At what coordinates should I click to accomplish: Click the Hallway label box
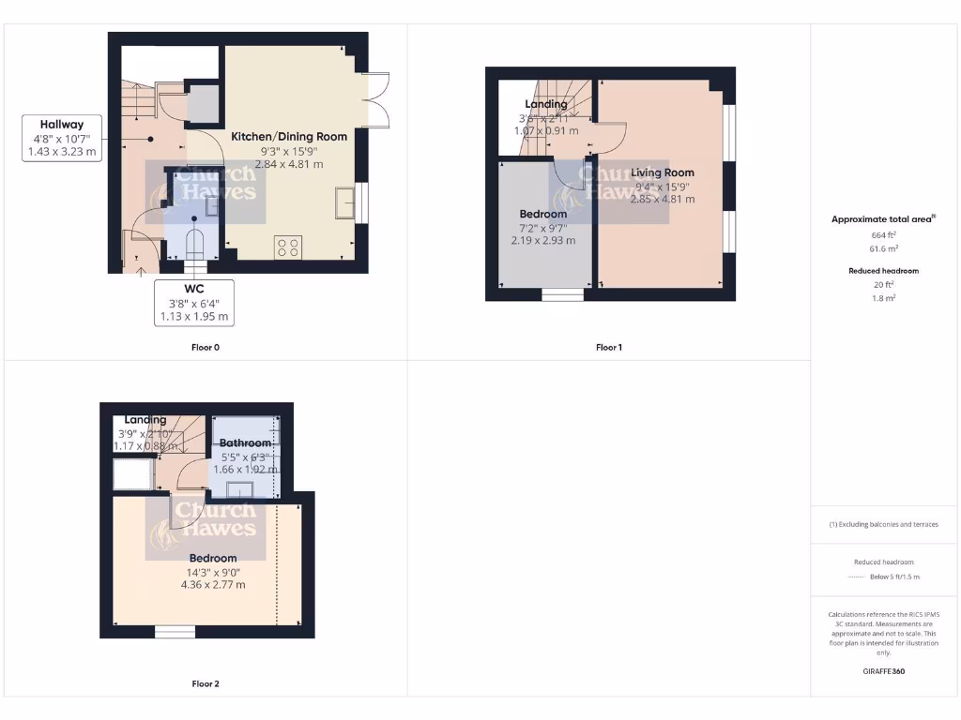(x=62, y=138)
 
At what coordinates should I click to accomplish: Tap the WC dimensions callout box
(x=194, y=303)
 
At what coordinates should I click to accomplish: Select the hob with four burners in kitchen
(x=289, y=248)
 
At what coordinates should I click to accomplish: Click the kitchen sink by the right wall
(x=344, y=202)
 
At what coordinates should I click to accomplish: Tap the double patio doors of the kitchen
(x=375, y=98)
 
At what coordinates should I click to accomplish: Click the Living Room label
(x=663, y=172)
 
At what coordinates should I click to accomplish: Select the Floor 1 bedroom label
(x=543, y=214)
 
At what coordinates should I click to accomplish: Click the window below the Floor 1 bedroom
(x=562, y=294)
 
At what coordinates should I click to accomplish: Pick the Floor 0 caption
(x=205, y=347)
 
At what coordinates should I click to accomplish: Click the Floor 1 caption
(x=609, y=347)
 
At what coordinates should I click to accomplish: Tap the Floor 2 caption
(x=205, y=683)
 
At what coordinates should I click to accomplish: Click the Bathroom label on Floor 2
(x=245, y=442)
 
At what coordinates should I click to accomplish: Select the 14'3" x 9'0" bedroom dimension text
(x=213, y=572)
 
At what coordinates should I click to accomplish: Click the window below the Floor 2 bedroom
(x=175, y=632)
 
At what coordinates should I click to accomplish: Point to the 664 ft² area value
(x=883, y=234)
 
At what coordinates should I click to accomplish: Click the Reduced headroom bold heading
(x=883, y=271)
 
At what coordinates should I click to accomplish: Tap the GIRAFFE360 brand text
(x=883, y=671)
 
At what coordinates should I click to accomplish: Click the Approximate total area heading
(x=882, y=218)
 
